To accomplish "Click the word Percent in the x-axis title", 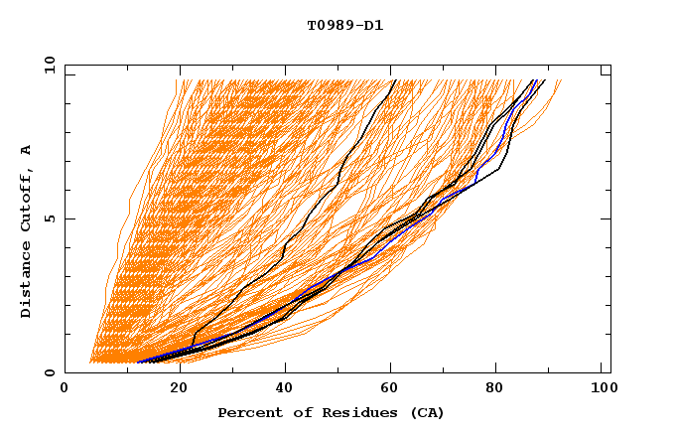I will [248, 412].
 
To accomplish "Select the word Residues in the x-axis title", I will [349, 412].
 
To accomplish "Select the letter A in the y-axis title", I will [27, 149].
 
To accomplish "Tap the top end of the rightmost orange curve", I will [561, 81].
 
